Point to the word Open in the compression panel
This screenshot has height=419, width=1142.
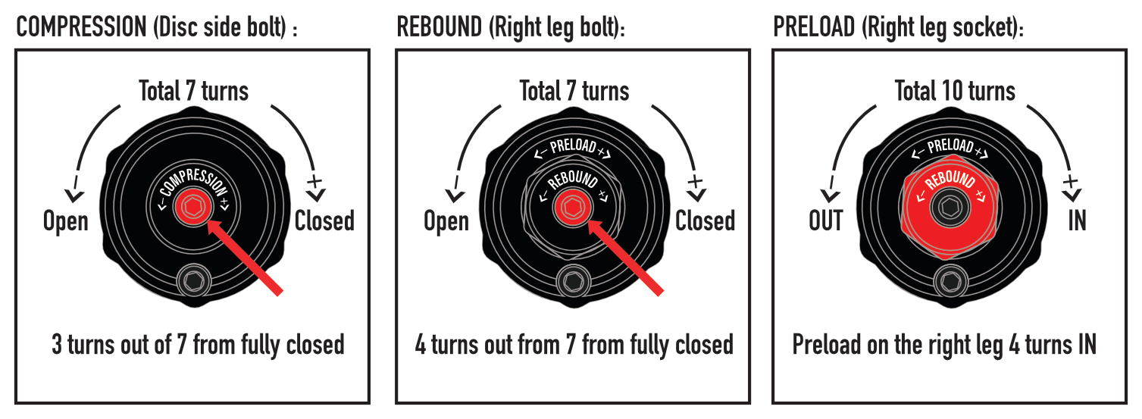pos(66,221)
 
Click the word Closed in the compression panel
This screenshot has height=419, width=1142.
pos(324,221)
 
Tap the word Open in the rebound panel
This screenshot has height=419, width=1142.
pos(446,221)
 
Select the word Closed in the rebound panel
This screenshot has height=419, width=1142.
pos(705,221)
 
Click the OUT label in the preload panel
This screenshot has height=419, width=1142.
pos(826,221)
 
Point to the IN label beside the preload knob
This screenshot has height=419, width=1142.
pos(1077,221)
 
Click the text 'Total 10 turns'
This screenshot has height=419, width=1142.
pos(955,92)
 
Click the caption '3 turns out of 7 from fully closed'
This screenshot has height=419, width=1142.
pos(198,345)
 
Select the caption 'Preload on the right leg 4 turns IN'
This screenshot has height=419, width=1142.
pos(944,345)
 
